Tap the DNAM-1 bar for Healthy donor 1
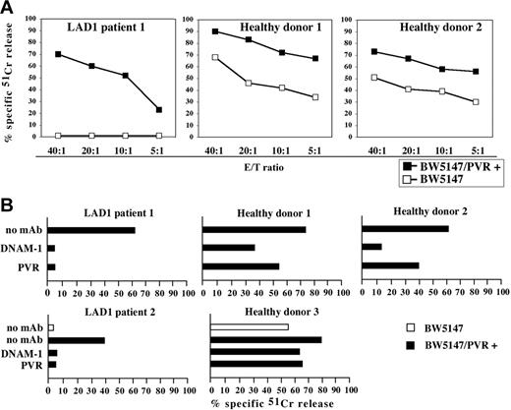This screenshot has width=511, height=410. (x=229, y=248)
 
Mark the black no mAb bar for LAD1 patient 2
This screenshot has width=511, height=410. (x=77, y=340)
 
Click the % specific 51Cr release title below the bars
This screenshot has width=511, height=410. (x=265, y=403)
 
